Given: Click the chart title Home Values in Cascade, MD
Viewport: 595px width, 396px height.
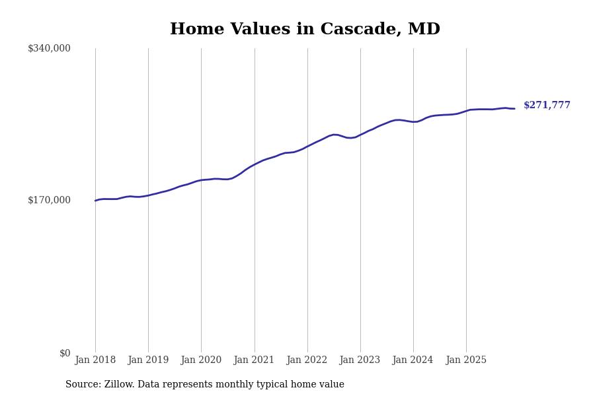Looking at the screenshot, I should click(x=305, y=30).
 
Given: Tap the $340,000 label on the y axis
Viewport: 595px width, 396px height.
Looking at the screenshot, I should click(x=49, y=48).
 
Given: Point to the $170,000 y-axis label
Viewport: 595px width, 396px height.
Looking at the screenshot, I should click(x=49, y=200).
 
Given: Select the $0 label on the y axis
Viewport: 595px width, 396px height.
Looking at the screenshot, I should click(x=65, y=353).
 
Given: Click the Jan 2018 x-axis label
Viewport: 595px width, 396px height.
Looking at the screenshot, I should click(x=95, y=360).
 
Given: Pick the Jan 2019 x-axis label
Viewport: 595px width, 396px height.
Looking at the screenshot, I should click(x=148, y=360).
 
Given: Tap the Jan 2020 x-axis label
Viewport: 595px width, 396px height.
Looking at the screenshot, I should click(x=201, y=360).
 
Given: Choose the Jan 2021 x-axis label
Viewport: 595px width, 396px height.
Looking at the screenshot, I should click(x=254, y=360).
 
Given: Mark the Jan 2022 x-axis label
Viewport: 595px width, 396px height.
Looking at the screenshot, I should click(x=307, y=360).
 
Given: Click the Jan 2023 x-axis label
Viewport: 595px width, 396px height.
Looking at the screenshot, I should click(x=360, y=360).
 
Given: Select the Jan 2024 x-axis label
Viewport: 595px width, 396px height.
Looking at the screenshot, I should click(x=413, y=360).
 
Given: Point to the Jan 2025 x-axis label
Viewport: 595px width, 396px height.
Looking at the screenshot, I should click(x=466, y=360).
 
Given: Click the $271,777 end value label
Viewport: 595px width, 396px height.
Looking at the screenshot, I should click(x=547, y=106).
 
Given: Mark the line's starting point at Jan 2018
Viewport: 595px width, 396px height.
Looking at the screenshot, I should click(x=95, y=201).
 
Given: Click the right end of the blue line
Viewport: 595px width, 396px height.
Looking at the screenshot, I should click(x=514, y=108).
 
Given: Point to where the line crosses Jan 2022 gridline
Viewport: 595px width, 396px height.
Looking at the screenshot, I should click(x=307, y=146).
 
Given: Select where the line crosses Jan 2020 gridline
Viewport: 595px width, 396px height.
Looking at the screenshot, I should click(x=202, y=180).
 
